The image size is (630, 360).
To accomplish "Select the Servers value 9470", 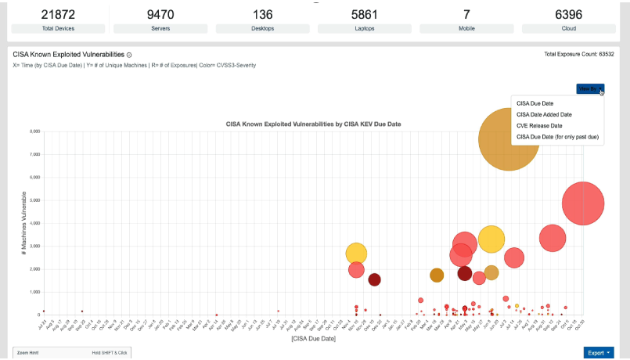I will pos(160,14).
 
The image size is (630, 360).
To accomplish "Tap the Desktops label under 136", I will pos(263,28).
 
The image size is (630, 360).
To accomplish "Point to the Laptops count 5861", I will pos(365,14).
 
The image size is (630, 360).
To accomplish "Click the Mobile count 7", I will pos(466,14).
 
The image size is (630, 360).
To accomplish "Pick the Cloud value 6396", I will pos(568,14).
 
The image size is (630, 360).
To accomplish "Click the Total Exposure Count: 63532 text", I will pos(579,54).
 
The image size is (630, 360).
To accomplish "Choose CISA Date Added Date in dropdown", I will pos(544,114).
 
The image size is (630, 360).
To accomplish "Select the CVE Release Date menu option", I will pos(539,125).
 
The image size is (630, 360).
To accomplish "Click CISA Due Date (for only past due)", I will pos(557,136).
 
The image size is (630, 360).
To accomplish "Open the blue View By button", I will pos(589,89).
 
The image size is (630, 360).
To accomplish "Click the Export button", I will pos(599,353).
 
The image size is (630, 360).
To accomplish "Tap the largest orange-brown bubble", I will pos(508,139).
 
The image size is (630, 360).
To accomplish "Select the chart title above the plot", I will pos(313,124).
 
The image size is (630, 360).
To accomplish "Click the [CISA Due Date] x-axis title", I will pos(313,338).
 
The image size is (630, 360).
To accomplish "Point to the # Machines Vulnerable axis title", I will pos(24,223).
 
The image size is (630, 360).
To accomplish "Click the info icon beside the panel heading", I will pos(129,55).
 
